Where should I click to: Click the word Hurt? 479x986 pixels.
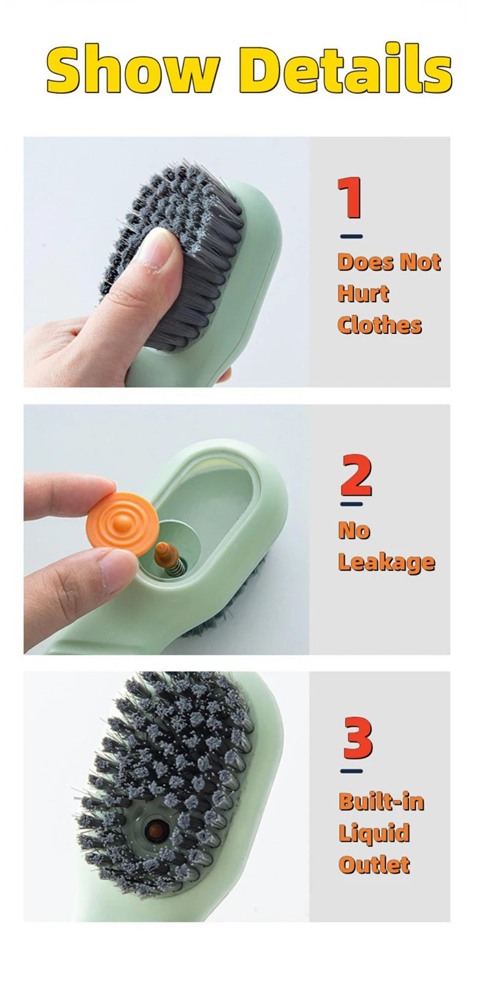coord(363,293)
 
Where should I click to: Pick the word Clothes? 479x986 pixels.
coord(380,325)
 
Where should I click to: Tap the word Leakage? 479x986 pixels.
coord(386,562)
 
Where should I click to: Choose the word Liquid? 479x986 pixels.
coord(374,833)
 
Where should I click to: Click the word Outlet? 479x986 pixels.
coord(374,865)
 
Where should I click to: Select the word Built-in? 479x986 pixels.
coord(381,801)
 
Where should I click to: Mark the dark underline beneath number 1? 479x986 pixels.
coord(351,236)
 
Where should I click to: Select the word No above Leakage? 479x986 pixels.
coord(354,530)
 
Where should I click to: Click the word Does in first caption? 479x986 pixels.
coord(365,262)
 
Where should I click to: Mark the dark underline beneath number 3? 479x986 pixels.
coord(351,771)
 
